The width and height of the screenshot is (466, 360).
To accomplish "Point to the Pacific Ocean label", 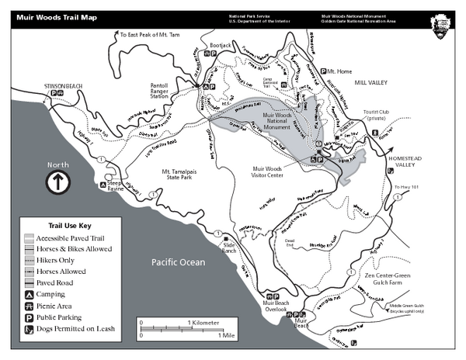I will click(178, 262).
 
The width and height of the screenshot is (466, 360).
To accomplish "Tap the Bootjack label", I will click(221, 47).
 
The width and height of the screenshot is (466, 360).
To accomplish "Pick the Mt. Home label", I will click(339, 71).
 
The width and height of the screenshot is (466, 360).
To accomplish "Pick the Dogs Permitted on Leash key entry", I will click(75, 328).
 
